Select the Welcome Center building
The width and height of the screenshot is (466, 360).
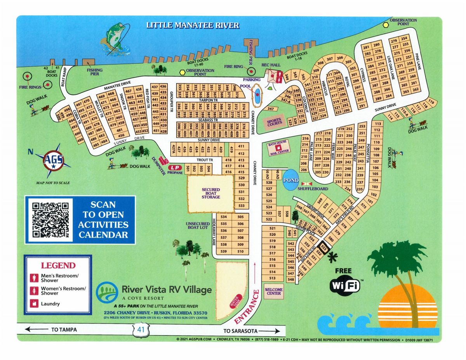pyautogui.click(x=274, y=291)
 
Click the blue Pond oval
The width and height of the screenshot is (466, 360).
pyautogui.click(x=291, y=181)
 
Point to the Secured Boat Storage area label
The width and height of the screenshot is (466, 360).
pyautogui.click(x=210, y=193)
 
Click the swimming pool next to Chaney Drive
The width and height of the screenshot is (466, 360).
pyautogui.click(x=257, y=95)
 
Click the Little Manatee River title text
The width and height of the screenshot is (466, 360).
pyautogui.click(x=193, y=26)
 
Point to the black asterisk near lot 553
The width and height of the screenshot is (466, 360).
pyautogui.click(x=332, y=256)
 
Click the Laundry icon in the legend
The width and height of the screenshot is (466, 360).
pyautogui.click(x=34, y=304)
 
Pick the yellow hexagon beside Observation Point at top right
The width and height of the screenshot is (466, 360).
pyautogui.click(x=386, y=24)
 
